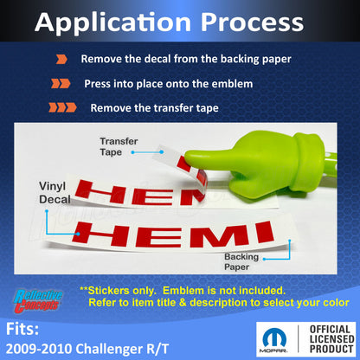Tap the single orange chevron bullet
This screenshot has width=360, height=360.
pos(61,60)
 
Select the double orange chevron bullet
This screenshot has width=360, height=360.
pos(61,84)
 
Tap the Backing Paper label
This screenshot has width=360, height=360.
pos(242,262)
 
